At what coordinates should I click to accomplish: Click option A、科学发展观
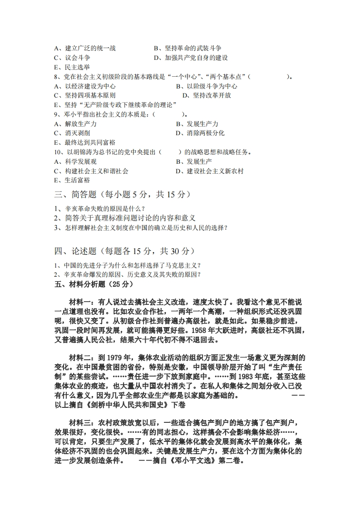coord(75,162)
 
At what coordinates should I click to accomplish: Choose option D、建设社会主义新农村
coord(209,171)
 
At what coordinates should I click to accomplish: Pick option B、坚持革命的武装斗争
coord(187,48)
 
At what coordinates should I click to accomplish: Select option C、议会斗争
coord(72,58)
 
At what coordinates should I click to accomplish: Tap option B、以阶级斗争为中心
coord(206,86)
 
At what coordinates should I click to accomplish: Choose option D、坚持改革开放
coord(207,95)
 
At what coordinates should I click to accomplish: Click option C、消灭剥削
coord(72,133)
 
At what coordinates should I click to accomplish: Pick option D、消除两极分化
coord(200,133)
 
